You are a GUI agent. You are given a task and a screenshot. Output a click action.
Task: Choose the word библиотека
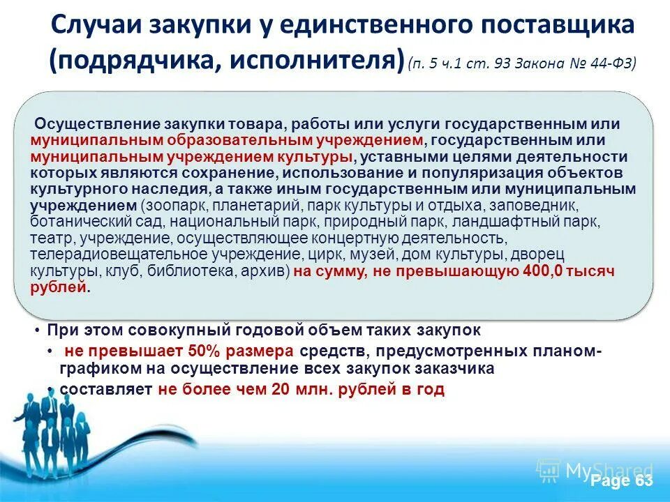(195, 271)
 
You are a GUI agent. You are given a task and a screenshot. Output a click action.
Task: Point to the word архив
(266, 271)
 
